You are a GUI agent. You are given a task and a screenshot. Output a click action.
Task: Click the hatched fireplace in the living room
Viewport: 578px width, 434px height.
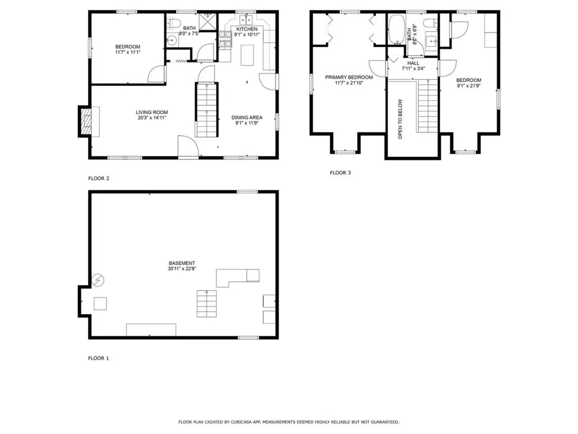click(x=86, y=121)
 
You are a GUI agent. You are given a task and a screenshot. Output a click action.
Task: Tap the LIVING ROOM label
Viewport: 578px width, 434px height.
click(x=151, y=112)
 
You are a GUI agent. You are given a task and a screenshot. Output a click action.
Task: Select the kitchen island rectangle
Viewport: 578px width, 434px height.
click(x=247, y=55)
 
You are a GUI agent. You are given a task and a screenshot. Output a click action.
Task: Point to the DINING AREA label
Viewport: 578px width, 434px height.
click(x=247, y=118)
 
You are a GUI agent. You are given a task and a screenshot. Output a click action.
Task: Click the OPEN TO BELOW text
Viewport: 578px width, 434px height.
click(x=400, y=119)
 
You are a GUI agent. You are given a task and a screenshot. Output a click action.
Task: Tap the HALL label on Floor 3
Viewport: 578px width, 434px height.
click(x=413, y=63)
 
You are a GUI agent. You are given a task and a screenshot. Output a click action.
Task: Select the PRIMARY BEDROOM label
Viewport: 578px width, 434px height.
click(x=348, y=77)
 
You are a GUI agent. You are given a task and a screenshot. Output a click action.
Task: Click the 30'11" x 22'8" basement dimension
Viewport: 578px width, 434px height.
click(x=182, y=269)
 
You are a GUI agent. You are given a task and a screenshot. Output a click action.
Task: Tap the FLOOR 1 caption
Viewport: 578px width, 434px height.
click(x=99, y=358)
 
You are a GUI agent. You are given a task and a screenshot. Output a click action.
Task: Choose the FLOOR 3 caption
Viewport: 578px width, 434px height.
click(x=340, y=173)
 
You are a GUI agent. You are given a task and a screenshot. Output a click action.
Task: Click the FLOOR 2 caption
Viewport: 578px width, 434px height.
click(x=99, y=179)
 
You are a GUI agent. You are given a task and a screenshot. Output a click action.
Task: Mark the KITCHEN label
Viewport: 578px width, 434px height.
click(x=247, y=29)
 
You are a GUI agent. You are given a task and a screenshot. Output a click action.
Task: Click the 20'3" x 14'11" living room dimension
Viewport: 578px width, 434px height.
click(x=151, y=118)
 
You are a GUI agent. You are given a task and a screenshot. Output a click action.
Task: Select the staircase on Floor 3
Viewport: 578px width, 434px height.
click(x=427, y=105)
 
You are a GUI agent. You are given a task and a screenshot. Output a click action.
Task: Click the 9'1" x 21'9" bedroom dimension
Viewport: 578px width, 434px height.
click(x=468, y=86)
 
